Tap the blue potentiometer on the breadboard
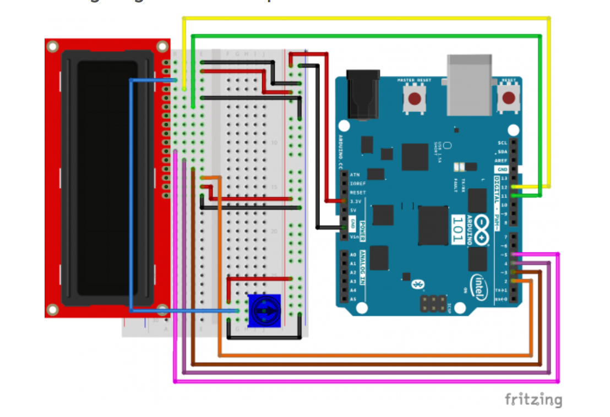264,311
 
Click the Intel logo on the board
478,286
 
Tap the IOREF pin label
357,184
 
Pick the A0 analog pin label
353,255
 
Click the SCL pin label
502,142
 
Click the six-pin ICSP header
433,303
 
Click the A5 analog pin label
353,299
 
